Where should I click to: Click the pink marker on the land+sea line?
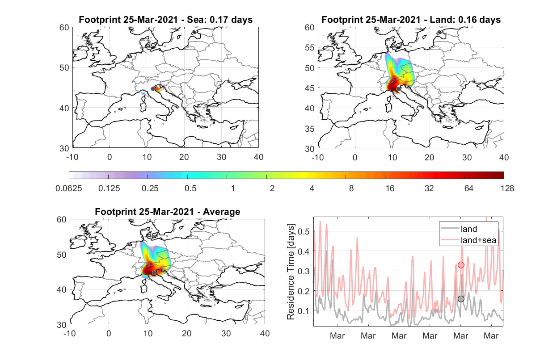click(461, 265)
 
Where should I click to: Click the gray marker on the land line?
click(461, 299)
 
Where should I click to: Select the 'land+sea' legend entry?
click(468, 240)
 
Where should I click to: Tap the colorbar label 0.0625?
click(69, 188)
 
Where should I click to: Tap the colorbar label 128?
click(507, 188)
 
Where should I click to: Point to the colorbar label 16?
click(390, 188)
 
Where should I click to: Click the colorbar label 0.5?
click(190, 188)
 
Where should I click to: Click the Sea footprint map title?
click(165, 20)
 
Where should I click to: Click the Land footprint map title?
click(411, 20)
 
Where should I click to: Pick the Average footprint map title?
click(168, 212)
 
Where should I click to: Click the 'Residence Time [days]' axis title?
click(291, 272)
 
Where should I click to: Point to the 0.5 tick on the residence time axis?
click(304, 231)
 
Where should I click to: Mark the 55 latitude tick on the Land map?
click(310, 47)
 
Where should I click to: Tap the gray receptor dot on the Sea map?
click(153, 89)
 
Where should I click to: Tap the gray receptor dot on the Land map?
click(398, 89)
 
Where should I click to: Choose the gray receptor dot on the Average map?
click(154, 273)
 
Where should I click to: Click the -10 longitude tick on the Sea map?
click(72, 157)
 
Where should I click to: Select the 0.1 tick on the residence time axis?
click(304, 311)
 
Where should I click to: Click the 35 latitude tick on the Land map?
click(310, 129)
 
